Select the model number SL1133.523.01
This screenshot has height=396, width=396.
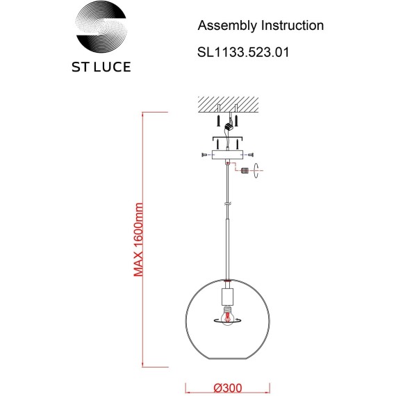[243, 52]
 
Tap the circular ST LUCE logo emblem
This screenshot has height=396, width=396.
[101, 26]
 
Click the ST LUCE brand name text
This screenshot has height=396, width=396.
[101, 67]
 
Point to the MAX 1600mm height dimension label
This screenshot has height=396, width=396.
[138, 240]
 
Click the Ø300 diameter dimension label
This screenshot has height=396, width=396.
[228, 388]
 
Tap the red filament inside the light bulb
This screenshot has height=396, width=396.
[228, 317]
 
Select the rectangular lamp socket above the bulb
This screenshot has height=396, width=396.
[228, 297]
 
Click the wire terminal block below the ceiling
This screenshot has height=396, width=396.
[229, 126]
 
